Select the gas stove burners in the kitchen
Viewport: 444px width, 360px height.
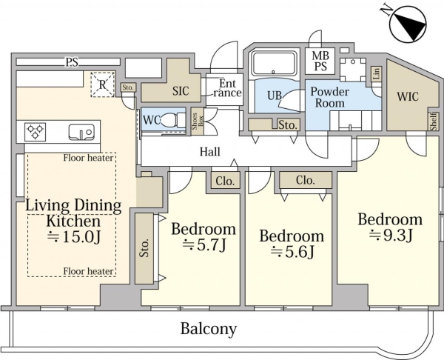(35, 132)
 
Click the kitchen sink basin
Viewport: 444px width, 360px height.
(81, 132)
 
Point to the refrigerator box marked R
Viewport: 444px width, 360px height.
(102, 84)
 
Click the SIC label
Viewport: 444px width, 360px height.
(181, 91)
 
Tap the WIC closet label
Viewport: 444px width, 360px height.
(408, 97)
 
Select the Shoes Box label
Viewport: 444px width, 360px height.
(198, 121)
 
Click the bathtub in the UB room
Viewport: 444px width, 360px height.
(274, 64)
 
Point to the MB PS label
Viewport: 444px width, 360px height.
(320, 61)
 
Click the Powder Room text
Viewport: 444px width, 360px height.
(330, 97)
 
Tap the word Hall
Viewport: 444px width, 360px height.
(210, 152)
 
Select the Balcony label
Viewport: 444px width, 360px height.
(209, 329)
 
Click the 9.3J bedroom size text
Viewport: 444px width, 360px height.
(391, 236)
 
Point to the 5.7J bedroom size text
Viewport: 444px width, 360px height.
(204, 245)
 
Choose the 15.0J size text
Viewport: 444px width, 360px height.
(73, 237)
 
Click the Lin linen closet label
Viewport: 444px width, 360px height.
(377, 74)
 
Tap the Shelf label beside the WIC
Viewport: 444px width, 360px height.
(434, 121)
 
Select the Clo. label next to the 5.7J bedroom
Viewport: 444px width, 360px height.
(225, 181)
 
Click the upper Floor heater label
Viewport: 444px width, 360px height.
(88, 158)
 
